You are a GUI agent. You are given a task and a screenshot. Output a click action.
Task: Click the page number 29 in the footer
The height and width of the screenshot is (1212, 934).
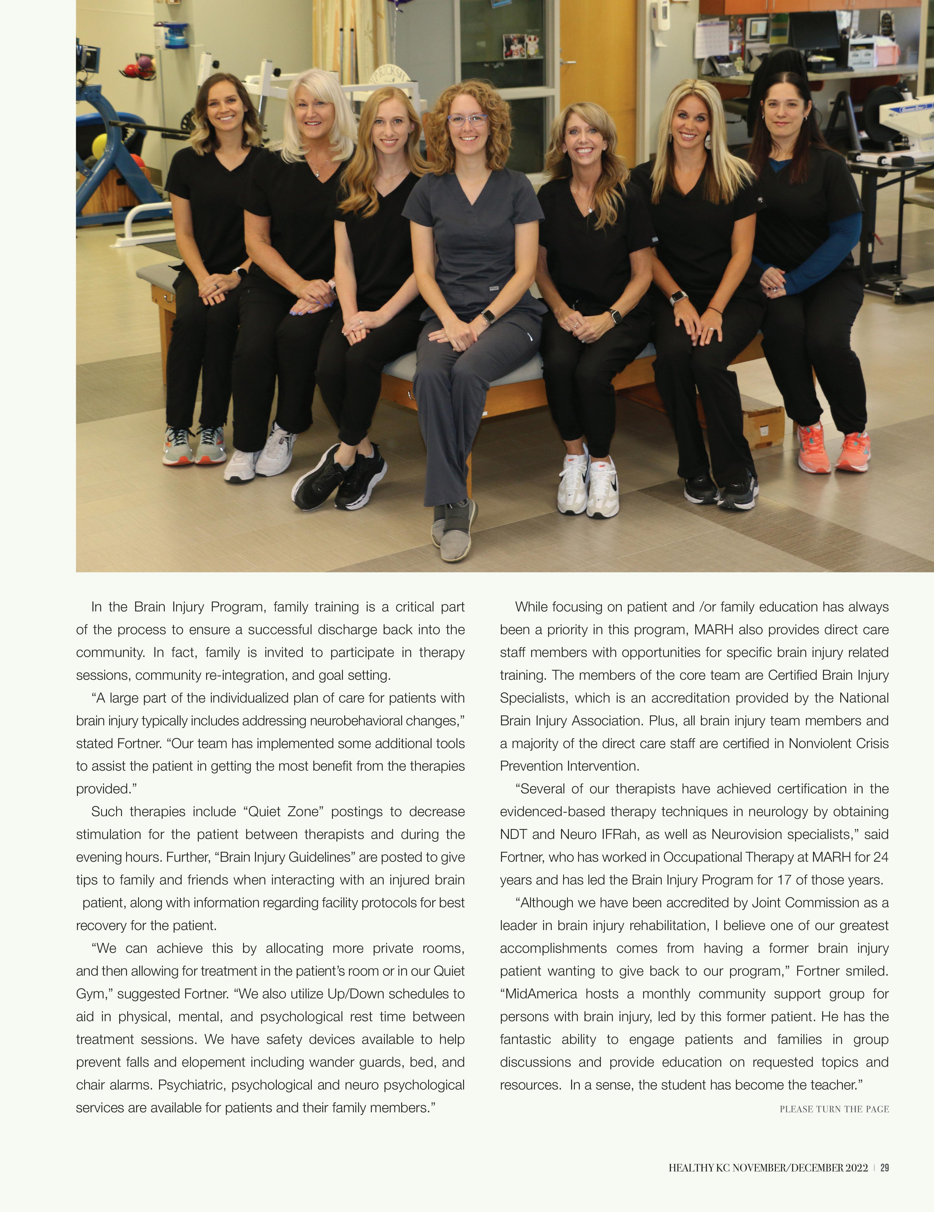coord(885,1168)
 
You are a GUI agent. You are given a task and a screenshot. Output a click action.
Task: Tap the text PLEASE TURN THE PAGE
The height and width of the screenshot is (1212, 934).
coord(834,1109)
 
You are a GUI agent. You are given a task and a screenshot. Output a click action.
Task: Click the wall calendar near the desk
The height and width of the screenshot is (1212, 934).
coord(711,38)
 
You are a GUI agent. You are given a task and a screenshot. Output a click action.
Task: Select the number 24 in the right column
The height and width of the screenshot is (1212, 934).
coord(881,857)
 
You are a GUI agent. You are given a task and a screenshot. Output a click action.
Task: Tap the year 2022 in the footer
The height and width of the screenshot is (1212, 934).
coord(856,1168)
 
